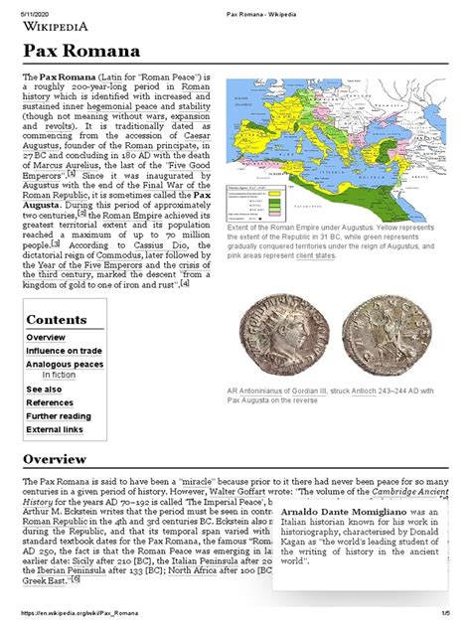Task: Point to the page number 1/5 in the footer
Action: point(455,620)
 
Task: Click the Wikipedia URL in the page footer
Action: point(75,620)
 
